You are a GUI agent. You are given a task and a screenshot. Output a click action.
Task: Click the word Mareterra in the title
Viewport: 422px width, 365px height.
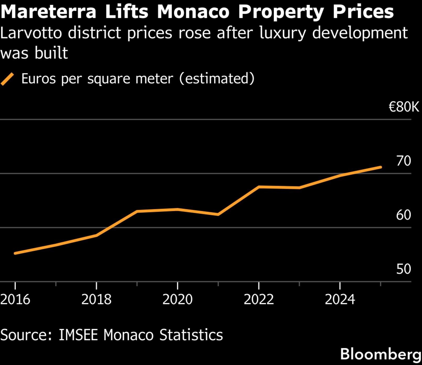(48, 12)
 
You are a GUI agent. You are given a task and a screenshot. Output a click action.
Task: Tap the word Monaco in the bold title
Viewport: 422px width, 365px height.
(193, 12)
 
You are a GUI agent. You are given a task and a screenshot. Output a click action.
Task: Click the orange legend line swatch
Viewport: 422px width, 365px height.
(7, 79)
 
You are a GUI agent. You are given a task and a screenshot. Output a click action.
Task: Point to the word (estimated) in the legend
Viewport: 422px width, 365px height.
(217, 78)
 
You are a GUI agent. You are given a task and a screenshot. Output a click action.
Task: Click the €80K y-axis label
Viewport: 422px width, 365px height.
(404, 107)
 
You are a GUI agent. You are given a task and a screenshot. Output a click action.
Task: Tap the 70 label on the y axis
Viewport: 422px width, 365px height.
(403, 161)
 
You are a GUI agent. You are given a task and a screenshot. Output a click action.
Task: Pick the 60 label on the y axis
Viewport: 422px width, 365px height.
(403, 215)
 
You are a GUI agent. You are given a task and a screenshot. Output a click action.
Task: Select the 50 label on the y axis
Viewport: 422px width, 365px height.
(403, 269)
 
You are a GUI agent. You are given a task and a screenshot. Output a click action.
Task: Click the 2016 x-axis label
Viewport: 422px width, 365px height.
(15, 299)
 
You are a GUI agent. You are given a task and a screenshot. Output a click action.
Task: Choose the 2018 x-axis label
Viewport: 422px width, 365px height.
(96, 299)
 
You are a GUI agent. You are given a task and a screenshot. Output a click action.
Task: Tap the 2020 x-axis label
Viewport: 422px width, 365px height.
(178, 299)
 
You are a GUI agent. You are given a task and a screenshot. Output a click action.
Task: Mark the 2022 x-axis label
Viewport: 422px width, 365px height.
(259, 299)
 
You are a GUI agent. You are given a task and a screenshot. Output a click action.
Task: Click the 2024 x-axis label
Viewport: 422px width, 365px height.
(340, 299)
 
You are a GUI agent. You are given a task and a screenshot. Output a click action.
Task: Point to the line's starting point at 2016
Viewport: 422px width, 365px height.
(15, 253)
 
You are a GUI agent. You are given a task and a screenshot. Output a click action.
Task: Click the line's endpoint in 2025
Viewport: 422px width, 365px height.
(380, 167)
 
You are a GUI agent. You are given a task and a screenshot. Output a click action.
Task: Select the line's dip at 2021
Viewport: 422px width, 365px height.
(218, 214)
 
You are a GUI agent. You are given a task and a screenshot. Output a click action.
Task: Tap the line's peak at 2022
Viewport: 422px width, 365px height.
(259, 187)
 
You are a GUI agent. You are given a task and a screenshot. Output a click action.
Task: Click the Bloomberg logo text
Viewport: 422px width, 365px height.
(381, 354)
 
